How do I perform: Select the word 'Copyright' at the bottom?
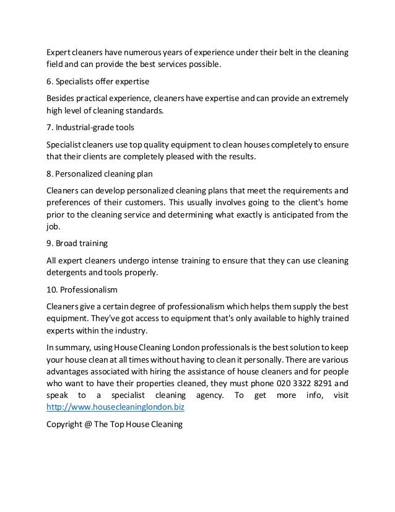[x=63, y=425]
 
